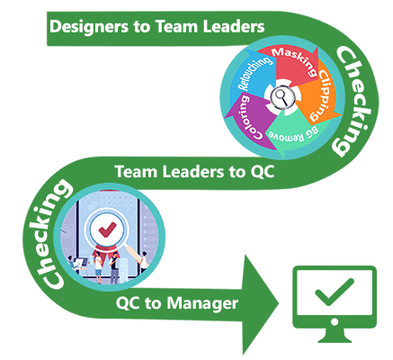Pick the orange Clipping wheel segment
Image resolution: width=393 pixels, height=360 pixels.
317,96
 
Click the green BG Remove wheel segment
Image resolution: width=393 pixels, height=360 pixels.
292,132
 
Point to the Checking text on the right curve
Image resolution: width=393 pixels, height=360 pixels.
355,102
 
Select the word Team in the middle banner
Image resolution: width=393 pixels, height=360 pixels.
132,172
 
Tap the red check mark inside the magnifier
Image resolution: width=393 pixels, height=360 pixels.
107,229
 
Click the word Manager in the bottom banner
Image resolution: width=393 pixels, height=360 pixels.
202,303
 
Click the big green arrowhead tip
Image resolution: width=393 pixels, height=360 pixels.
279,303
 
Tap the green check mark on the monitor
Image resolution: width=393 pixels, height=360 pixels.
335,292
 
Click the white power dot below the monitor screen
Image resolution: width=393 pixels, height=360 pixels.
335,322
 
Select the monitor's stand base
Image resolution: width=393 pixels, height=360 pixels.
335,339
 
